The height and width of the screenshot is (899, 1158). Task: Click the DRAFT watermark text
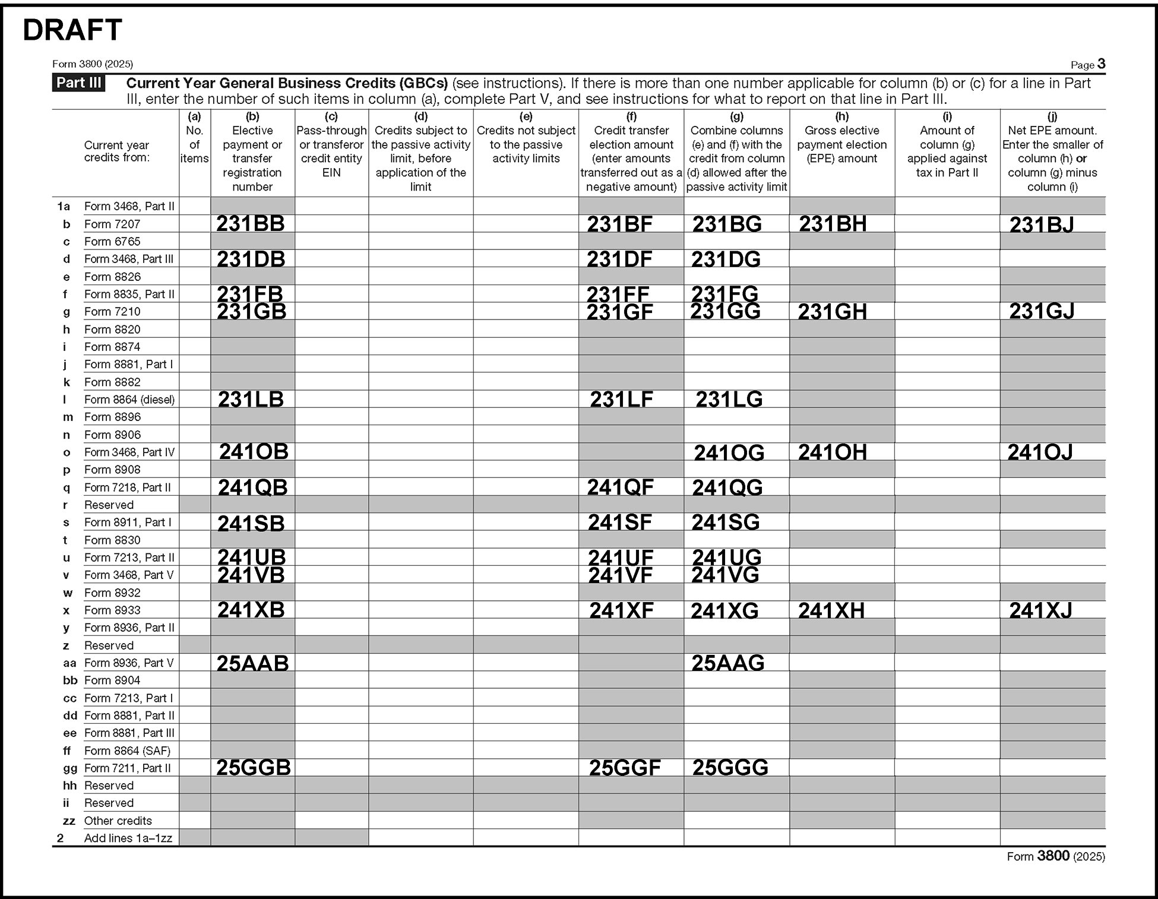pyautogui.click(x=72, y=30)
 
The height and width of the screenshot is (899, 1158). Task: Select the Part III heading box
pyautogui.click(x=78, y=83)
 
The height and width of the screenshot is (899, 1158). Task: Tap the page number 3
pyautogui.click(x=1101, y=64)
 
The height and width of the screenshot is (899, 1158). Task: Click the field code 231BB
pyautogui.click(x=250, y=223)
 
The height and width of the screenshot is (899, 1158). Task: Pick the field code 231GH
pyautogui.click(x=832, y=312)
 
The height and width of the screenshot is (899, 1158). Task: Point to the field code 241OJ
pyautogui.click(x=1040, y=452)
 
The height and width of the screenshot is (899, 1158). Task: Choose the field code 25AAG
pyautogui.click(x=727, y=663)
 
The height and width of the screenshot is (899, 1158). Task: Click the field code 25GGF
pyautogui.click(x=624, y=768)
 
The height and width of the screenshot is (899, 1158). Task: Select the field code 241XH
pyautogui.click(x=831, y=610)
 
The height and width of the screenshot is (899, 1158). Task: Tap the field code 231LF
pyautogui.click(x=621, y=400)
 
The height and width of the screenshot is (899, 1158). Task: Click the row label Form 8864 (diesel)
pyautogui.click(x=129, y=400)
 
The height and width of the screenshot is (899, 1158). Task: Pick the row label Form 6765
pyautogui.click(x=112, y=242)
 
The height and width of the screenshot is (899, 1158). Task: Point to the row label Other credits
pyautogui.click(x=118, y=821)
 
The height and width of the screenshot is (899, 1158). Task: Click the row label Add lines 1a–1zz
pyautogui.click(x=128, y=838)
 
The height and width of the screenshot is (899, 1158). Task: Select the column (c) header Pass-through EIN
pyautogui.click(x=331, y=151)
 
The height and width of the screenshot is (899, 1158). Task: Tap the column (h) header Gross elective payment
pyautogui.click(x=841, y=144)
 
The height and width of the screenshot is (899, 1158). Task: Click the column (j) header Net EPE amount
pyautogui.click(x=1052, y=158)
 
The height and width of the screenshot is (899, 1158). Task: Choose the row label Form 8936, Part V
pyautogui.click(x=129, y=663)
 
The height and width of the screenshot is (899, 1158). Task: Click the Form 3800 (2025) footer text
pyautogui.click(x=1055, y=856)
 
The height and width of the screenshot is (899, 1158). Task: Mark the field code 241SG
pyautogui.click(x=725, y=523)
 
